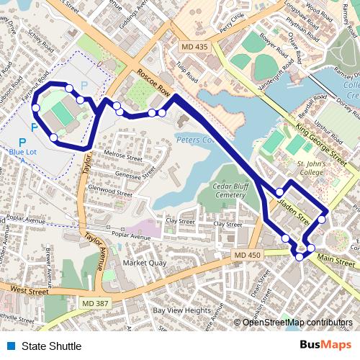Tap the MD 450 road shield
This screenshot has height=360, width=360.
point(245,256)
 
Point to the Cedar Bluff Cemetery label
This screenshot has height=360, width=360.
point(230,189)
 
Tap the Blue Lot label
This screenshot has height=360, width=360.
point(27,152)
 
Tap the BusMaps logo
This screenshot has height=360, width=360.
point(325,346)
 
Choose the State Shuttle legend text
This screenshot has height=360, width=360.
point(51,346)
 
